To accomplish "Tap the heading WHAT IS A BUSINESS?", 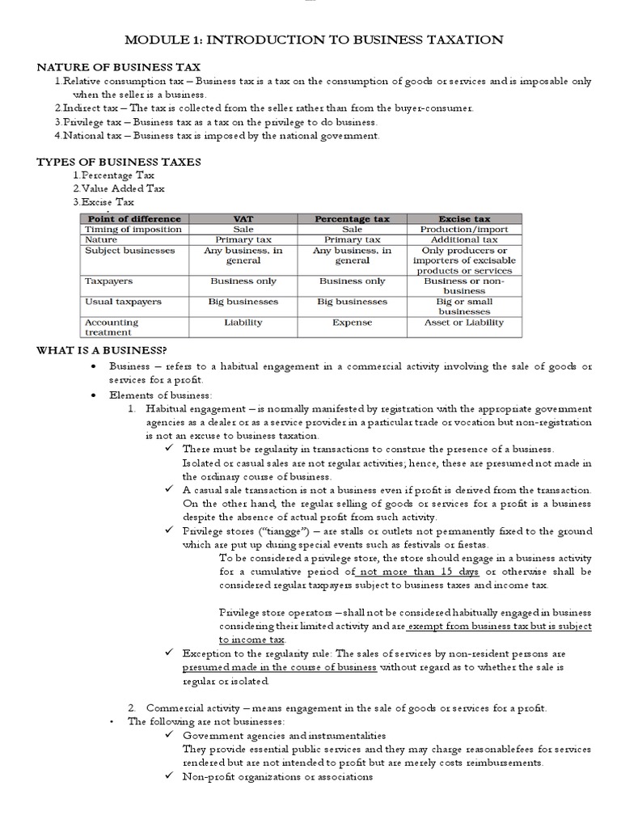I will tap(102, 349).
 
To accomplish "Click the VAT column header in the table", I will tap(243, 218).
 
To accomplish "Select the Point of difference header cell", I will tap(133, 218).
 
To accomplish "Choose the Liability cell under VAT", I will tap(243, 322).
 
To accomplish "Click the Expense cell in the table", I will tap(353, 322).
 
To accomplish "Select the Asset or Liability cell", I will tap(464, 322).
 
